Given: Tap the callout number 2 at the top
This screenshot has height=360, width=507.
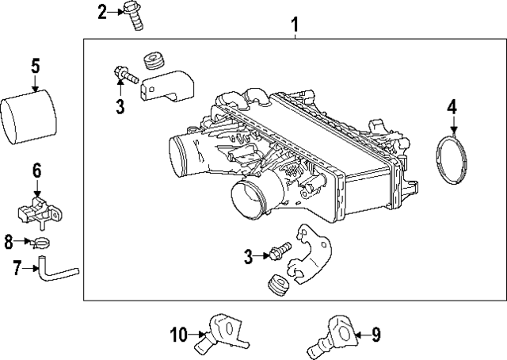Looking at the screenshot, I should [102, 11].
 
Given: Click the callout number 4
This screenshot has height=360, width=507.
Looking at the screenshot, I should [452, 105].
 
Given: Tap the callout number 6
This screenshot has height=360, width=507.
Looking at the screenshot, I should [36, 170].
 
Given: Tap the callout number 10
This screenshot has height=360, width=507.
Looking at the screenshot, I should [178, 335].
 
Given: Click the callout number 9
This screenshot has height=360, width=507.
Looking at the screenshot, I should [375, 335].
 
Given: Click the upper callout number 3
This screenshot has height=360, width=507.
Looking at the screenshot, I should [120, 106].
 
